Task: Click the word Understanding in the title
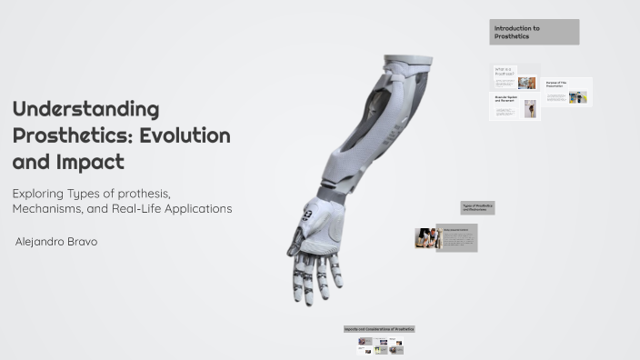tap(85, 110)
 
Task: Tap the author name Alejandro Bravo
tap(57, 242)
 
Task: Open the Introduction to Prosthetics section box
tap(534, 32)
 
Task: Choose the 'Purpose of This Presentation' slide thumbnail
tap(567, 92)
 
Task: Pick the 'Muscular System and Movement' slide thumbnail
tap(515, 105)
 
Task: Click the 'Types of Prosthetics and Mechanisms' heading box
tap(477, 207)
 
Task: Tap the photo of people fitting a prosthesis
tap(426, 238)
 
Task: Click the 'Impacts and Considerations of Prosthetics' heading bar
tap(379, 329)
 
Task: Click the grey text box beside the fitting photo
tap(456, 237)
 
